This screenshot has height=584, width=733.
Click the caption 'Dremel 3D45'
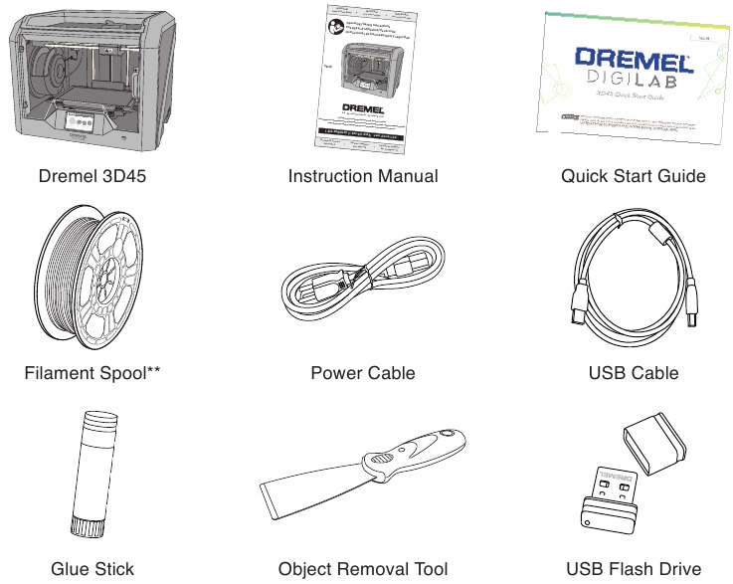[x=92, y=176]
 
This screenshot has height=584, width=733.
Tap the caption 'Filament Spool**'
[x=92, y=373]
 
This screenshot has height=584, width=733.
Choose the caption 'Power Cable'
[x=362, y=373]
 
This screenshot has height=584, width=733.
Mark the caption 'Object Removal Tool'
[x=362, y=569]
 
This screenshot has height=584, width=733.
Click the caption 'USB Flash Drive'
[x=634, y=569]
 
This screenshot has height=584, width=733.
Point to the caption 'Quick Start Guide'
[x=634, y=176]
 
